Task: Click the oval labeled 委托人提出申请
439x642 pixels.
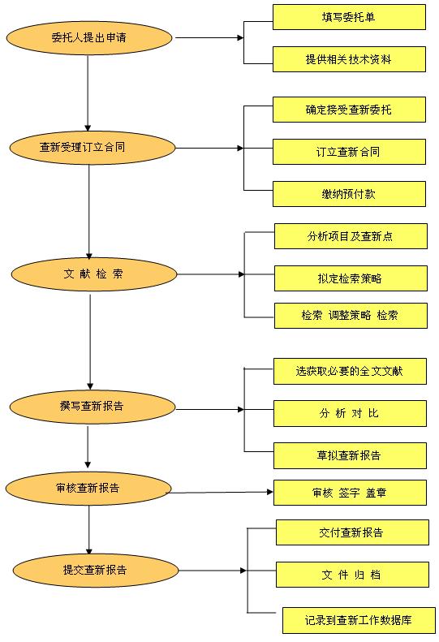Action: (x=89, y=37)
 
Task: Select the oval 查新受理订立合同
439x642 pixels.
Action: (x=93, y=148)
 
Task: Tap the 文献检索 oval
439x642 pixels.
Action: (x=94, y=274)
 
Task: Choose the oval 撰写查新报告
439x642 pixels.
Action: (x=93, y=407)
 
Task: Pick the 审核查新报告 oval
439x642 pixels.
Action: (x=88, y=488)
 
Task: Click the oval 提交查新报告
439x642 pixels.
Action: (x=96, y=571)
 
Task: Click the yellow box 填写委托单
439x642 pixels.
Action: (x=349, y=17)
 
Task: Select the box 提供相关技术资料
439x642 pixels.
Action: (x=349, y=59)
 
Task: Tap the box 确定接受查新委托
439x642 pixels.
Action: (x=349, y=110)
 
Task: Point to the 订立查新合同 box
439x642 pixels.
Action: (x=349, y=152)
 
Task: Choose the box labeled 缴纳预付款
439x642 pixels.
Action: (x=349, y=194)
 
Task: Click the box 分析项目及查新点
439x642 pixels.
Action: (x=351, y=236)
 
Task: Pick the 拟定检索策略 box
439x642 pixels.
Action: (x=351, y=278)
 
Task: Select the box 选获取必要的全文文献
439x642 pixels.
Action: (x=350, y=372)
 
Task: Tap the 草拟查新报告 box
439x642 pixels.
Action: (x=350, y=455)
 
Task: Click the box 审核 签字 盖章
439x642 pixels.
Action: (x=350, y=493)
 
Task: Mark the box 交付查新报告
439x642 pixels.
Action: (x=353, y=532)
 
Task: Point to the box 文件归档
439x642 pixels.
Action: (x=353, y=575)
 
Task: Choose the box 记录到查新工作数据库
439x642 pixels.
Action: (x=359, y=620)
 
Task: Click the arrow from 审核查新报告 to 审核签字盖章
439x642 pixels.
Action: (x=222, y=492)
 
